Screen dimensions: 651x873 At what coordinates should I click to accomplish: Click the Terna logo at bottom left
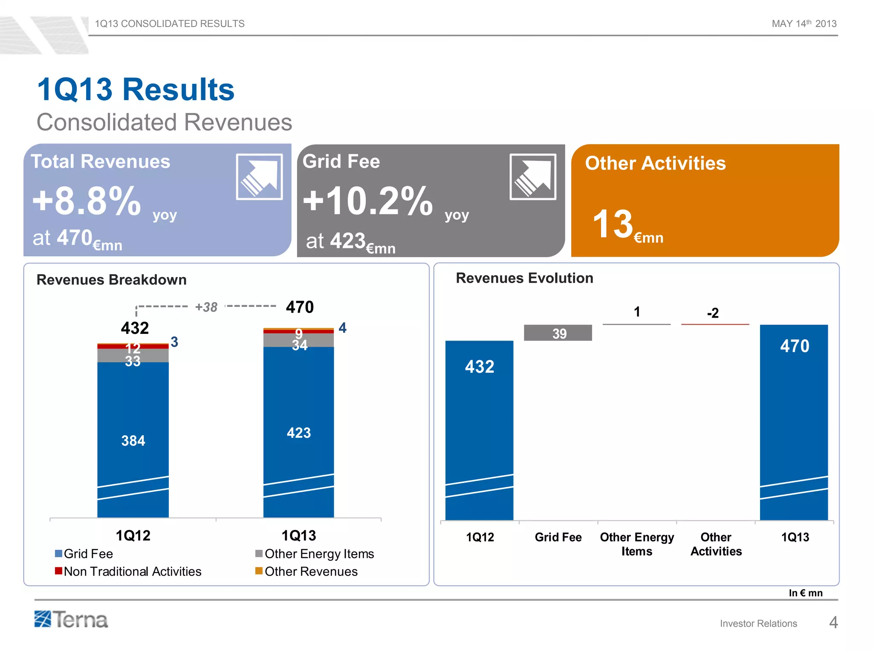(x=71, y=619)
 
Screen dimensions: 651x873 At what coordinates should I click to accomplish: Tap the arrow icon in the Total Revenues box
(x=259, y=176)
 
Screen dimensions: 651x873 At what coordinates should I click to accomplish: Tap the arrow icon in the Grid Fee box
(x=533, y=176)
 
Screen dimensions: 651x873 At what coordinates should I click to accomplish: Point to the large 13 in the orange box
(x=613, y=224)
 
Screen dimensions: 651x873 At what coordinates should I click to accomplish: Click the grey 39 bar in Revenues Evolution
(x=558, y=333)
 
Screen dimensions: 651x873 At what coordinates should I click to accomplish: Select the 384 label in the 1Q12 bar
(x=133, y=440)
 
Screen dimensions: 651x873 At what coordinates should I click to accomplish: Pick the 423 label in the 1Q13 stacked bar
(x=298, y=433)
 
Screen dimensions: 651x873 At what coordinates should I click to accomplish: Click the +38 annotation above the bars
(x=206, y=307)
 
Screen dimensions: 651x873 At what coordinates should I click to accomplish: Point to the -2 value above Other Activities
(x=713, y=313)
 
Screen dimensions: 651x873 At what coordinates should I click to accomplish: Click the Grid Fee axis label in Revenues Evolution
(x=558, y=537)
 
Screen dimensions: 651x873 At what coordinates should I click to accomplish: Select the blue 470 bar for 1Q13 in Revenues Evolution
(x=794, y=422)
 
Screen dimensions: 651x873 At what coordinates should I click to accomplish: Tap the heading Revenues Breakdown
(x=112, y=280)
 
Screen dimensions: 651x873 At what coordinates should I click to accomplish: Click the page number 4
(x=833, y=622)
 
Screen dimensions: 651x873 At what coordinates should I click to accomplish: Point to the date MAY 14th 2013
(x=804, y=23)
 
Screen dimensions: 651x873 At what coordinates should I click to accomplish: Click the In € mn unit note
(x=805, y=593)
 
